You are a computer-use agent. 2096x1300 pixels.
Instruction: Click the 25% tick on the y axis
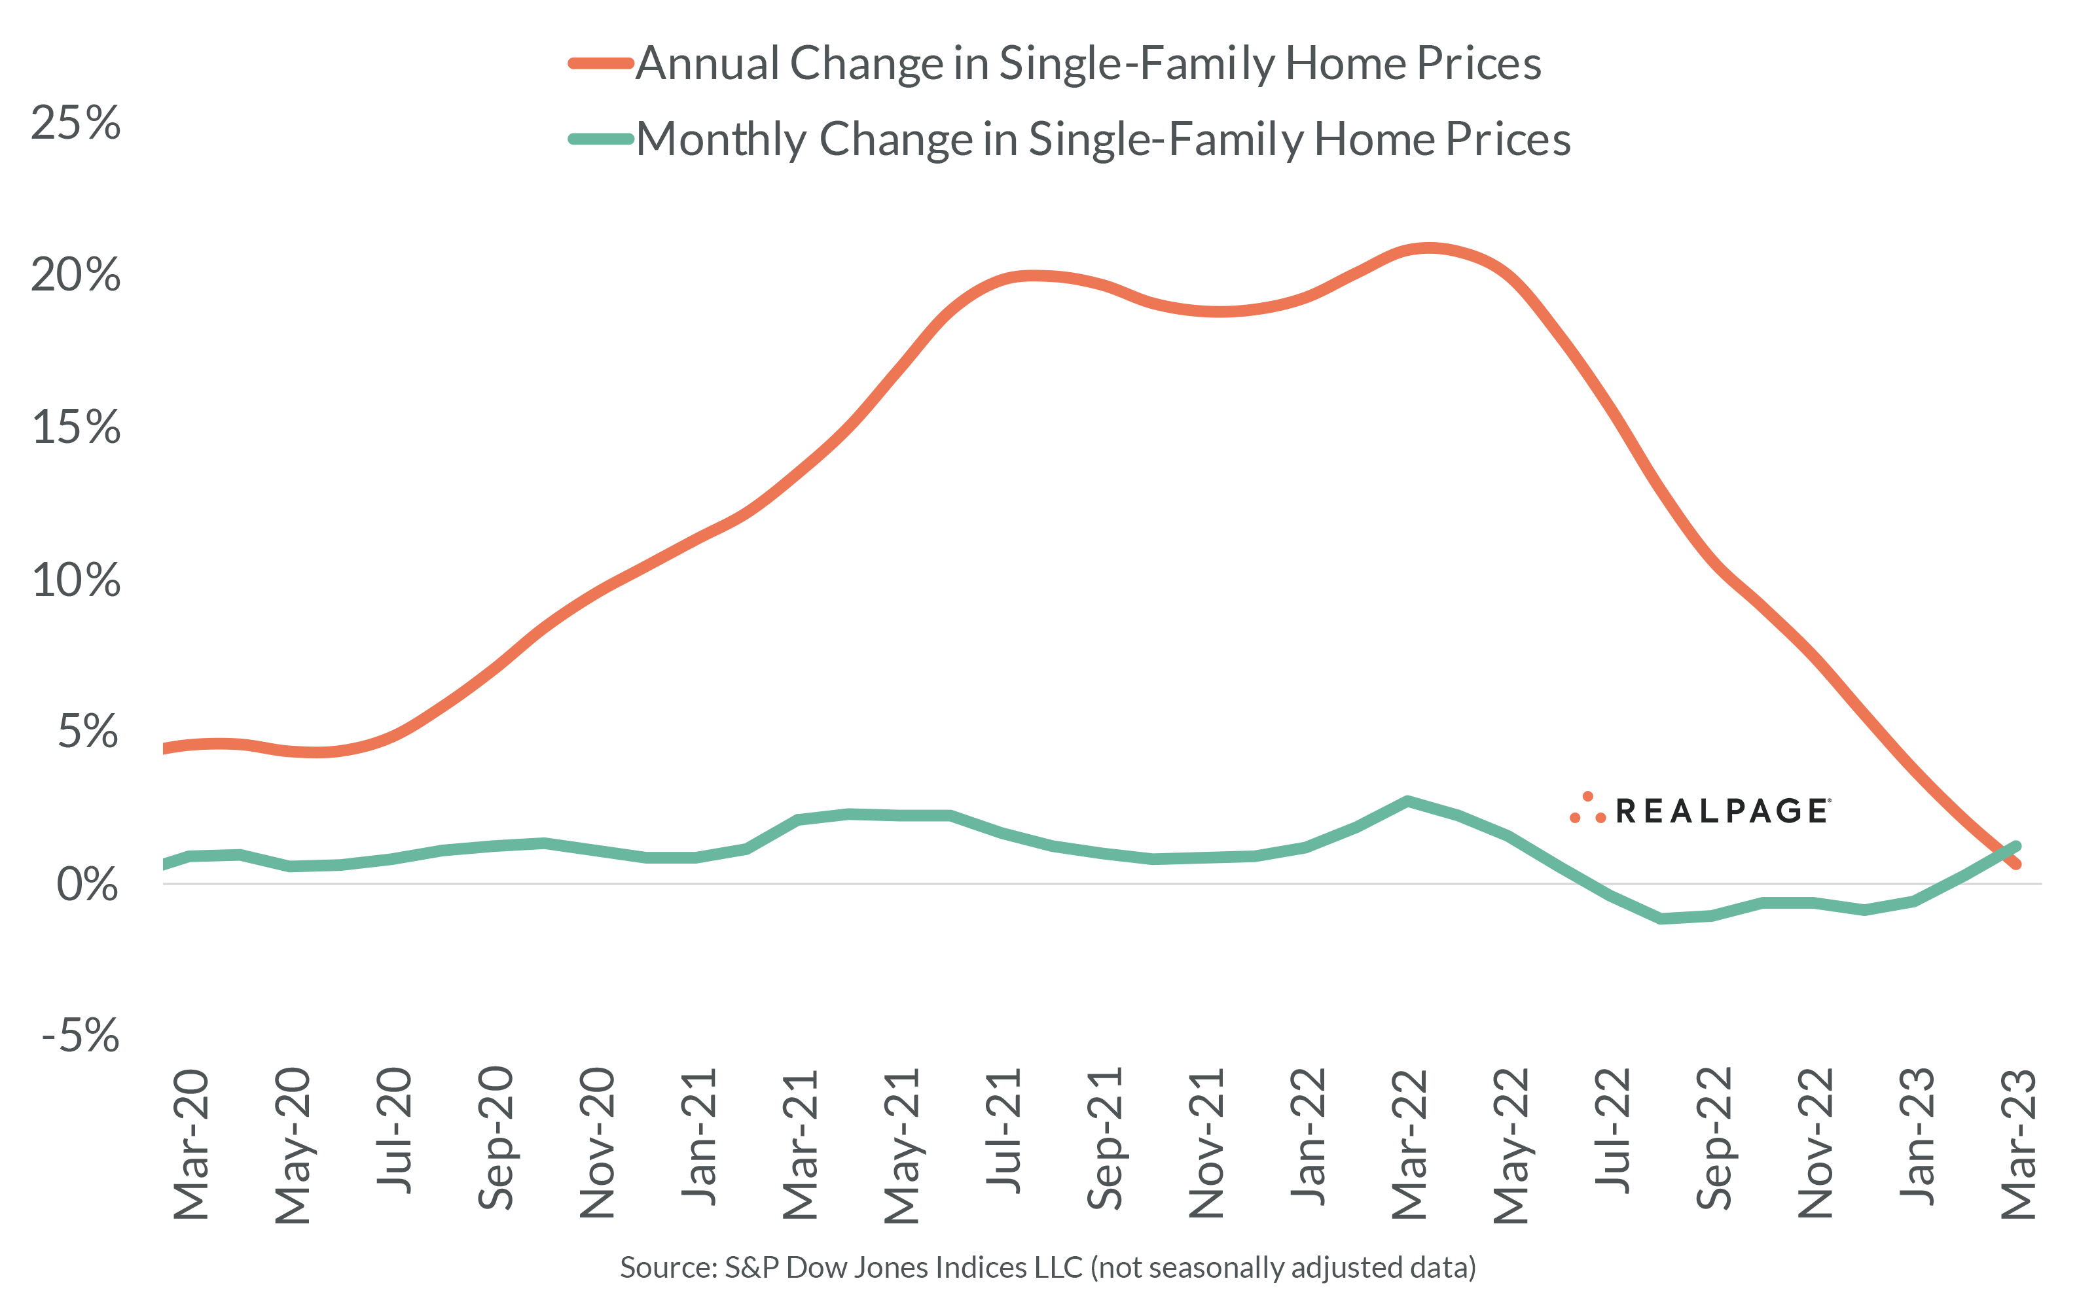[x=76, y=123]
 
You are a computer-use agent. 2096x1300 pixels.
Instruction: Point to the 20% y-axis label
[x=76, y=275]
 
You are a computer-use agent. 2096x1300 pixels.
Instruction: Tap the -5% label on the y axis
[x=81, y=1035]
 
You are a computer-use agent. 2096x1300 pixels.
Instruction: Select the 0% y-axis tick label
[x=87, y=885]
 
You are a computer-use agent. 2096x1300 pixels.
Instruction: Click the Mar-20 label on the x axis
[x=191, y=1144]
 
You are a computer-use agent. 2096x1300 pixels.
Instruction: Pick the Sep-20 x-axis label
[x=496, y=1138]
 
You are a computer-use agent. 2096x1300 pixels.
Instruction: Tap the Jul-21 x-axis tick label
[x=1003, y=1131]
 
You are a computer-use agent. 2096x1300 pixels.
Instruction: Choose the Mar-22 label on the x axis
[x=1409, y=1144]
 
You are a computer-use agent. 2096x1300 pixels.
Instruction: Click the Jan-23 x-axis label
[x=1917, y=1136]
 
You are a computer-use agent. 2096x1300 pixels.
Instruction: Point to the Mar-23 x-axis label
[x=2019, y=1144]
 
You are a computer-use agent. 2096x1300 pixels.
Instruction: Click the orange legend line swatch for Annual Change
[x=601, y=63]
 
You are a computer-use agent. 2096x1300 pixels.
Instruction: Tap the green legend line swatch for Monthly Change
[x=601, y=139]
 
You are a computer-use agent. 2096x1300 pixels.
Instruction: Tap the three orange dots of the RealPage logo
[x=1587, y=809]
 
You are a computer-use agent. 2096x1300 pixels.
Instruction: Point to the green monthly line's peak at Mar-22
[x=1407, y=801]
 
